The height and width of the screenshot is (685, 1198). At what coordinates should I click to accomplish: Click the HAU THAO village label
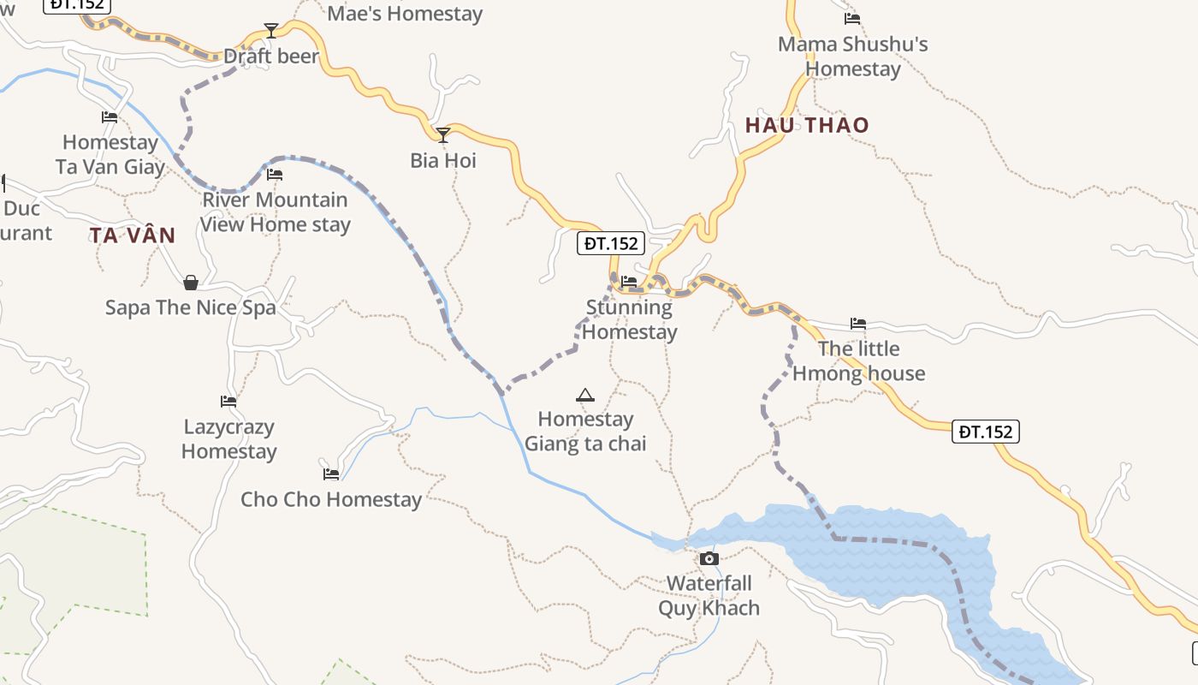tap(806, 125)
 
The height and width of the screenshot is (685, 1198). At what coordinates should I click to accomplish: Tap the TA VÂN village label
tap(133, 235)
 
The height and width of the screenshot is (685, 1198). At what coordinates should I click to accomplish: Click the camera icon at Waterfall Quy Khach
tap(709, 559)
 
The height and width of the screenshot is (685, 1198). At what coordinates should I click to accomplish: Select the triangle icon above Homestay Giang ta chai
tap(585, 395)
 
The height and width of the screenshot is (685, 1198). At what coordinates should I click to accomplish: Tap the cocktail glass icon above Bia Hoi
tap(443, 135)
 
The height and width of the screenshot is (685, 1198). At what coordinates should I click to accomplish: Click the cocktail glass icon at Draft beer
tap(271, 31)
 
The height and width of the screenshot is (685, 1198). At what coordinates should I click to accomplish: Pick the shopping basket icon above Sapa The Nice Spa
tap(191, 283)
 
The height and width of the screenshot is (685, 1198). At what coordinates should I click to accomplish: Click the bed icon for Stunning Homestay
tap(629, 281)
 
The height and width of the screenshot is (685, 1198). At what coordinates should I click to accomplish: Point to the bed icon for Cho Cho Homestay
tap(331, 474)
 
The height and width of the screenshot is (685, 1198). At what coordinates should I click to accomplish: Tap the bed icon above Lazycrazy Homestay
tap(228, 401)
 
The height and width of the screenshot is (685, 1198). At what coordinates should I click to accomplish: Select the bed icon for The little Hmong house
tap(858, 324)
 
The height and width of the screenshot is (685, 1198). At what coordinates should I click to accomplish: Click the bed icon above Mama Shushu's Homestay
tap(852, 18)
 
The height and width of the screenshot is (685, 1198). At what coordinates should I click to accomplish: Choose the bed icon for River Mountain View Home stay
tap(275, 174)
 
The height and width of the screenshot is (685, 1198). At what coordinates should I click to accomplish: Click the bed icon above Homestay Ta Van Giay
tap(110, 117)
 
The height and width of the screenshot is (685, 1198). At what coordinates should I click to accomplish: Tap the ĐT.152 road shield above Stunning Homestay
tap(611, 243)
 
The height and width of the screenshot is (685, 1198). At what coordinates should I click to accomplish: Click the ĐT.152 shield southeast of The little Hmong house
tap(986, 432)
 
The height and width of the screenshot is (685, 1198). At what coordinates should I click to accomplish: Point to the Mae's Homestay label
tap(405, 14)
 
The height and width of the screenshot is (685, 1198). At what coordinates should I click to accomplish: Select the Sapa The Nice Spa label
tap(191, 307)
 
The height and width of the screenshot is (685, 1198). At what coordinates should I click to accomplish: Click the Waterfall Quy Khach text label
tap(709, 596)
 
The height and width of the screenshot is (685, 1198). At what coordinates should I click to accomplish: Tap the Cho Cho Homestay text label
tap(331, 499)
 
